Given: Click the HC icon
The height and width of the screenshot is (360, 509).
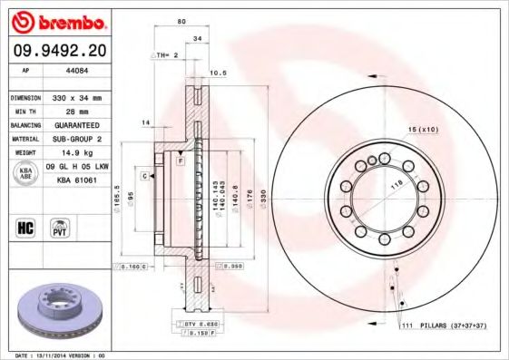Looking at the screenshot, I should pyautogui.click(x=24, y=226).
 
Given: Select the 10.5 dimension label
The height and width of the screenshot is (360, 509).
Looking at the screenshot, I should pyautogui.click(x=217, y=73).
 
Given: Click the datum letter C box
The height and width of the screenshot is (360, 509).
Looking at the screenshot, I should pyautogui.click(x=143, y=173).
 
